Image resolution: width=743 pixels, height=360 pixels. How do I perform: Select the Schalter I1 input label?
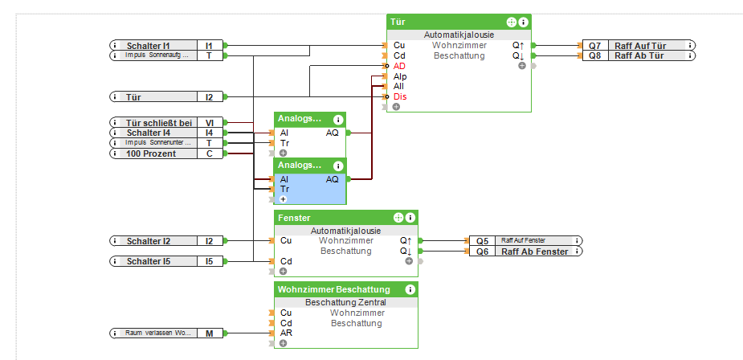[153, 46]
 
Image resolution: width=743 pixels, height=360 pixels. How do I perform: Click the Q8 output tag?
[594, 56]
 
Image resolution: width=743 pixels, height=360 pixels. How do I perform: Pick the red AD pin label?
[399, 66]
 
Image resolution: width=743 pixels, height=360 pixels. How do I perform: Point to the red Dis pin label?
[399, 96]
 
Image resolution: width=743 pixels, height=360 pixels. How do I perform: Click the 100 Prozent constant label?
[153, 153]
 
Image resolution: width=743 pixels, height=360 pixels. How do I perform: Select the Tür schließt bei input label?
[157, 123]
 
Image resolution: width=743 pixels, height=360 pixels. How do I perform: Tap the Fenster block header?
[329, 218]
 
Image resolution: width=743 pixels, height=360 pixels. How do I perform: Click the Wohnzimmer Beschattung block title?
[334, 289]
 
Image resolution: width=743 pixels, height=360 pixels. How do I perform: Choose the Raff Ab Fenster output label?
[535, 252]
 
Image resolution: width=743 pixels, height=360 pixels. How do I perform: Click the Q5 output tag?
[482, 240]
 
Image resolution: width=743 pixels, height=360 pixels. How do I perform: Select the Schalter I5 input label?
[153, 261]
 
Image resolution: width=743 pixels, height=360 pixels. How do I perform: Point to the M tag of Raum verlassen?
[209, 333]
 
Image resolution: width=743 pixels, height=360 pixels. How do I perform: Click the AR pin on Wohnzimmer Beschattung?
[286, 333]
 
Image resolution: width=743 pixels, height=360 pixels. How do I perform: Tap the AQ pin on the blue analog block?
[332, 179]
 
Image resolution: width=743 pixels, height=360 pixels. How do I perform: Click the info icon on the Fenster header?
[410, 218]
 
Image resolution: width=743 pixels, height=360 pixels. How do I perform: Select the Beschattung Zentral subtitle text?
[345, 302]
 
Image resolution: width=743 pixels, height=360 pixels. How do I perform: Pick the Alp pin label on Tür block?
[400, 76]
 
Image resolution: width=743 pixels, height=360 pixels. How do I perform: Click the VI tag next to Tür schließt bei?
[209, 123]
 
